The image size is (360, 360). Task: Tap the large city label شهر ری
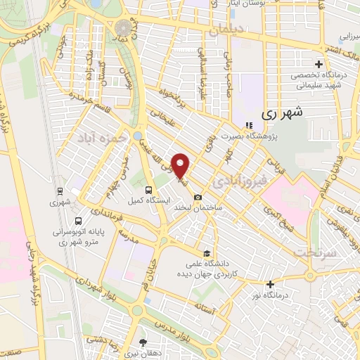[281, 112]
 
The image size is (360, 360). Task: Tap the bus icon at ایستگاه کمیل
[148, 189]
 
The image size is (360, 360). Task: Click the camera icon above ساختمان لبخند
[198, 197]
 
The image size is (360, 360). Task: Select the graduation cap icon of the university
[206, 253]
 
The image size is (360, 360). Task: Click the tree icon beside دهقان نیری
[143, 342]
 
